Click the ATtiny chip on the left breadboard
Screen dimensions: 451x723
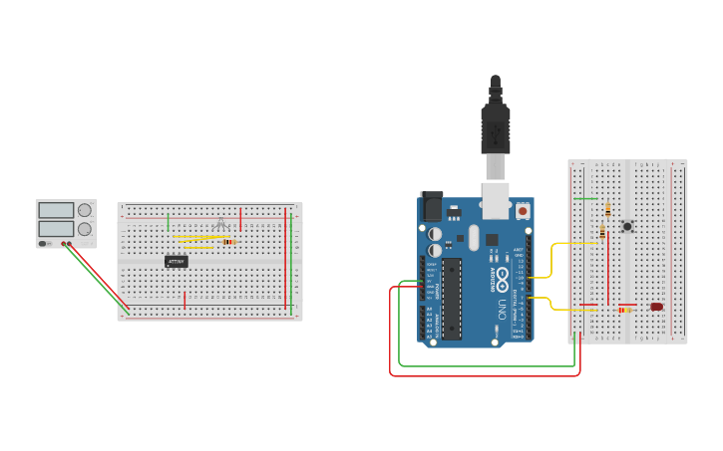pos(177,262)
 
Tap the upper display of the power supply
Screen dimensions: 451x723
pos(56,210)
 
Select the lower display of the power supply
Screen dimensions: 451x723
pos(56,229)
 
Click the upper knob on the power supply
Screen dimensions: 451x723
pos(85,210)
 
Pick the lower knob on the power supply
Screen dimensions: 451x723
pos(85,229)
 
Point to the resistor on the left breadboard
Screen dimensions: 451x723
pos(229,242)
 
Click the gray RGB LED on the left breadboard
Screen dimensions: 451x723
pos(220,224)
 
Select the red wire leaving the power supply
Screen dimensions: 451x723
pos(100,274)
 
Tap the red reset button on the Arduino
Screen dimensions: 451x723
pos(523,211)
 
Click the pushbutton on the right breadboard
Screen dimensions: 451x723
pos(627,226)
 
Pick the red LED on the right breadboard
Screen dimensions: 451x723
pos(656,307)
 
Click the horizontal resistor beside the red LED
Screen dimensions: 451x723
pos(625,310)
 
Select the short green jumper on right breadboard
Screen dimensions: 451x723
pos(586,198)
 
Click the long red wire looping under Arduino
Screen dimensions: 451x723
pos(479,375)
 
